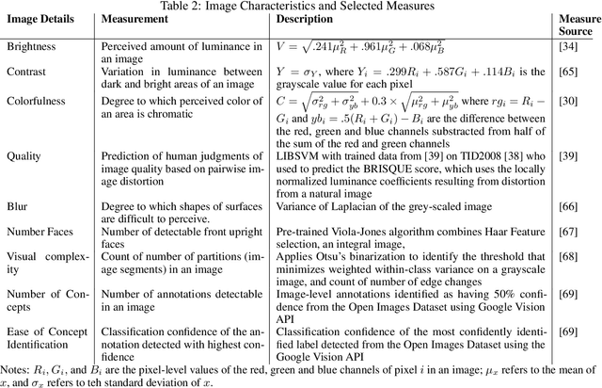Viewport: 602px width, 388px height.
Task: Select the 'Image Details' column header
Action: coord(40,25)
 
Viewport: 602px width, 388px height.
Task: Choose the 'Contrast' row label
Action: coord(27,72)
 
